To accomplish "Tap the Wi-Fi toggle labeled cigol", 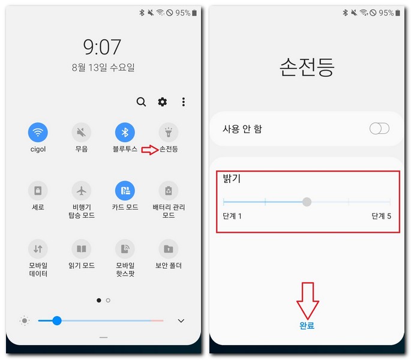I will pyautogui.click(x=38, y=132).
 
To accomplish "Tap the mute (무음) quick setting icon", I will pyautogui.click(x=82, y=132).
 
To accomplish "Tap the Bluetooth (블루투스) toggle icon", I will pyautogui.click(x=125, y=132).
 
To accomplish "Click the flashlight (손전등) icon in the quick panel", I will pyautogui.click(x=169, y=132).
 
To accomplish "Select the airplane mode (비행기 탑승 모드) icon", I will pyautogui.click(x=82, y=191).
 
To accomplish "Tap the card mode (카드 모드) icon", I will pyautogui.click(x=125, y=191).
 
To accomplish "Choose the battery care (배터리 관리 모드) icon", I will pyautogui.click(x=169, y=191).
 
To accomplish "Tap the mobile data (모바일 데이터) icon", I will pyautogui.click(x=38, y=248).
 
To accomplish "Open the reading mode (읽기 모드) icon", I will pyautogui.click(x=82, y=248).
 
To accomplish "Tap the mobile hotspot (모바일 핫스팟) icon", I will pyautogui.click(x=125, y=248).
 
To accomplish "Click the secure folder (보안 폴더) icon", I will pyautogui.click(x=169, y=248).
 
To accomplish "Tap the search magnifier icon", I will pyautogui.click(x=141, y=102).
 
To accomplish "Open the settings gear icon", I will pyautogui.click(x=163, y=102).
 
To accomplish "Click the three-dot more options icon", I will pyautogui.click(x=184, y=102).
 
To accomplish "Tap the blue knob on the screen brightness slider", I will pyautogui.click(x=57, y=321).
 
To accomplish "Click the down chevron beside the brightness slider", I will pyautogui.click(x=181, y=321).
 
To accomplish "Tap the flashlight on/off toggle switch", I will pyautogui.click(x=379, y=128).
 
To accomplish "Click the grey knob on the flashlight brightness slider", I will pyautogui.click(x=307, y=202).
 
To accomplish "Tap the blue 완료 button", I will pyautogui.click(x=307, y=326).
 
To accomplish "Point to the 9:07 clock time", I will pyautogui.click(x=102, y=47).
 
